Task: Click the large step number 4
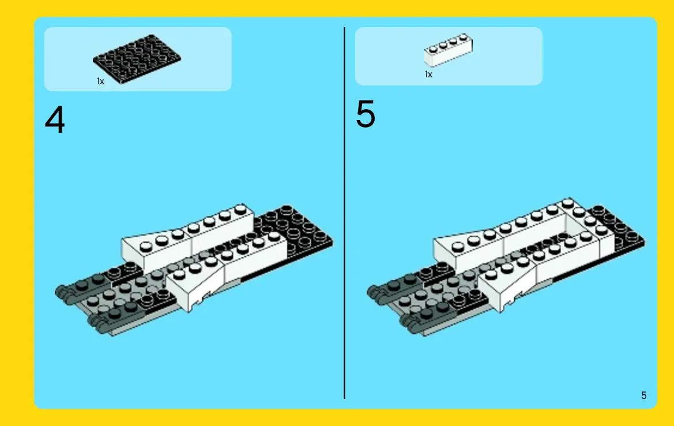pyautogui.click(x=55, y=120)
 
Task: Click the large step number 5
pyautogui.click(x=366, y=114)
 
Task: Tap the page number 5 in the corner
pyautogui.click(x=643, y=395)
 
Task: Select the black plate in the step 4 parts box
pyautogui.click(x=137, y=59)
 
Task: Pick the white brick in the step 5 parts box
pyautogui.click(x=449, y=50)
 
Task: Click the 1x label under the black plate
pyautogui.click(x=100, y=81)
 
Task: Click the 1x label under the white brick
pyautogui.click(x=428, y=74)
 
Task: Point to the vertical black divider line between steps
pyautogui.click(x=344, y=213)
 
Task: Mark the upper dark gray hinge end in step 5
pyautogui.click(x=372, y=292)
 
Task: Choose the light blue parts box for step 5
pyautogui.click(x=449, y=56)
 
